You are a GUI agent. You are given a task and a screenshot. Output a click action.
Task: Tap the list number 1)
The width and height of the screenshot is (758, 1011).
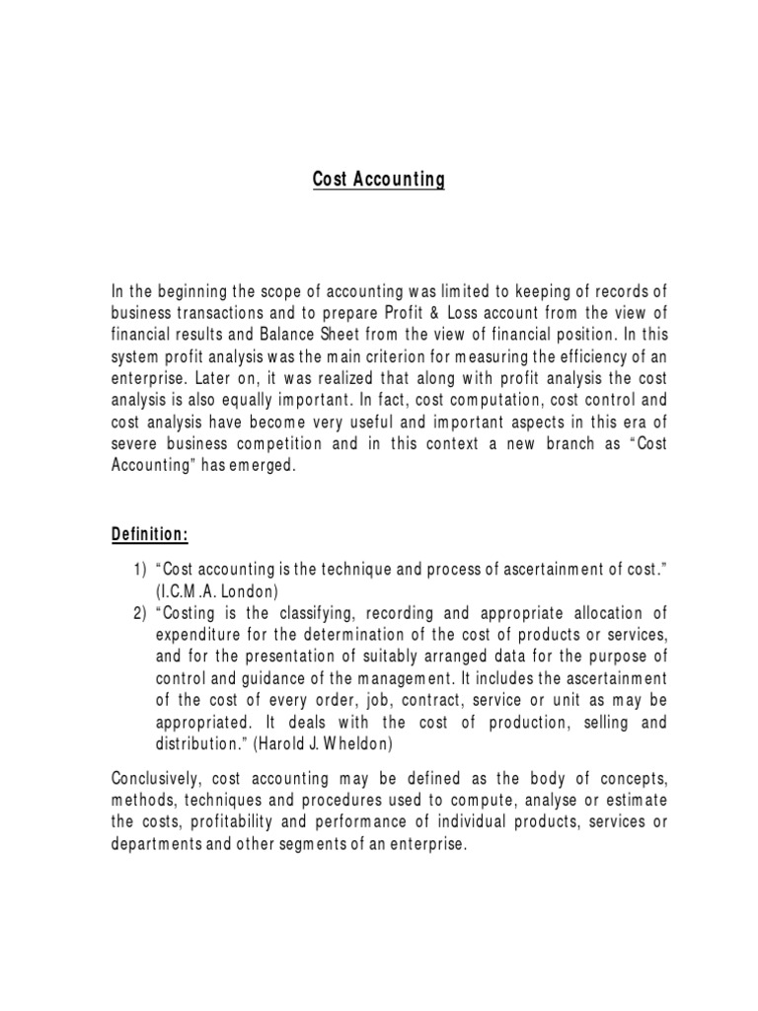(x=139, y=570)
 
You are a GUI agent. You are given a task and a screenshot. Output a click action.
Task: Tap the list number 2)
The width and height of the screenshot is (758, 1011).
(x=139, y=612)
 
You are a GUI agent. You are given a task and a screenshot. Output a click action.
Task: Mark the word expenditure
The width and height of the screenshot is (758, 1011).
(x=199, y=634)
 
